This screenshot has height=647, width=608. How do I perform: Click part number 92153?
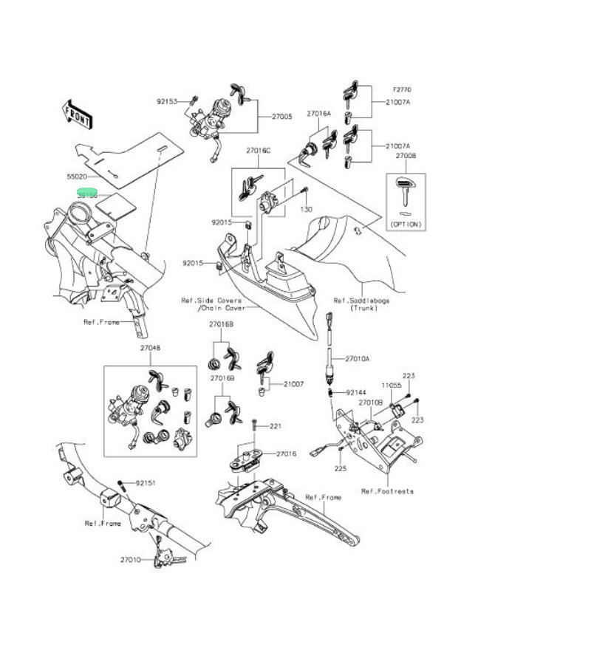coord(166,101)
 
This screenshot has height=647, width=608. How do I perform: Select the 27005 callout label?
coord(281,117)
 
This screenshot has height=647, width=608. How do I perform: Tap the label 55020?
coord(77,177)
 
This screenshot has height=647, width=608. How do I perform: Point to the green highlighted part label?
coord(88,194)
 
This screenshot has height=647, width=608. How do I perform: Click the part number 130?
coord(306,210)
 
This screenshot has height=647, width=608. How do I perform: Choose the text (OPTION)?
coord(406,224)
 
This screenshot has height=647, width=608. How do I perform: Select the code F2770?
coord(402,90)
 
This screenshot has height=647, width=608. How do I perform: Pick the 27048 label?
coord(150,347)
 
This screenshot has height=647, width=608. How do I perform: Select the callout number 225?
coord(340,468)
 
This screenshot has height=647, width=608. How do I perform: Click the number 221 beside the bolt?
coord(276,426)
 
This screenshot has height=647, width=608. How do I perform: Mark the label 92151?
coord(145,483)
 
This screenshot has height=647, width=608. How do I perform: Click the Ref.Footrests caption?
coord(387,491)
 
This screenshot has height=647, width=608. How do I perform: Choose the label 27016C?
coord(259,151)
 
